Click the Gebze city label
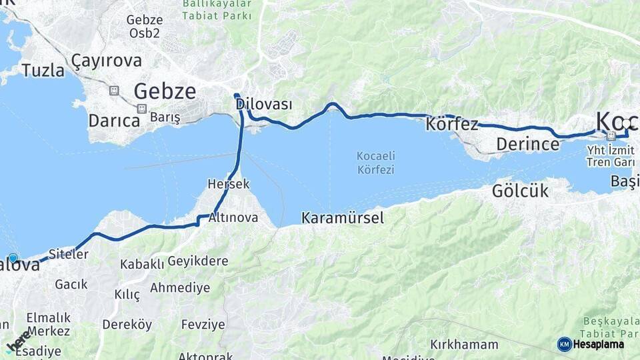pyautogui.click(x=165, y=91)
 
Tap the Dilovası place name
pyautogui.click(x=264, y=105)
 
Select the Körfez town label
pyautogui.click(x=452, y=124)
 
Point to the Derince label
pyautogui.click(x=527, y=144)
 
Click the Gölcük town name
pyautogui.click(x=520, y=191)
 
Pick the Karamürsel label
pyautogui.click(x=343, y=217)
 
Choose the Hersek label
pyautogui.click(x=229, y=183)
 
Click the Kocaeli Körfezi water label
pyautogui.click(x=375, y=163)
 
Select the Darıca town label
pyautogui.click(x=114, y=121)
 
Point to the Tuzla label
pyautogui.click(x=43, y=70)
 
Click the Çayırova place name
pyautogui.click(x=107, y=61)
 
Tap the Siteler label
pyautogui.click(x=68, y=254)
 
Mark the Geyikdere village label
pyautogui.click(x=197, y=261)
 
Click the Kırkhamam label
pyautogui.click(x=464, y=345)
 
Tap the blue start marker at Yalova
pyautogui.click(x=13, y=258)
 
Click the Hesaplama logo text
pyautogui.click(x=598, y=344)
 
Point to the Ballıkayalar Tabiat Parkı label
pyautogui.click(x=217, y=10)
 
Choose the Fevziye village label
pyautogui.click(x=203, y=325)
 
